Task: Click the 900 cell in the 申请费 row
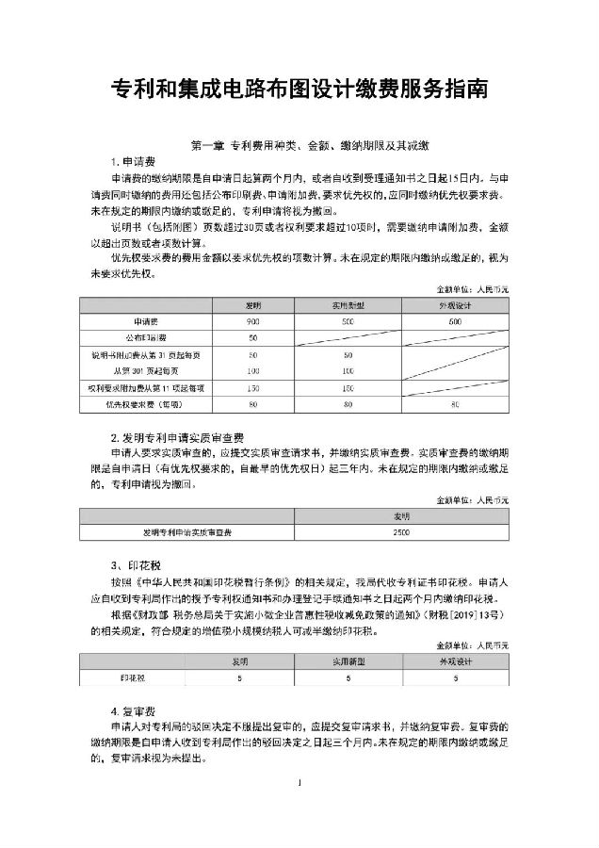coord(252,321)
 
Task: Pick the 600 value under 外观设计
coord(455,321)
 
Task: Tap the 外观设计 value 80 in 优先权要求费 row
coord(455,405)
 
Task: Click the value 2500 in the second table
coord(400,532)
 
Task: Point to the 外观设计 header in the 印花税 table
coord(455,662)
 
